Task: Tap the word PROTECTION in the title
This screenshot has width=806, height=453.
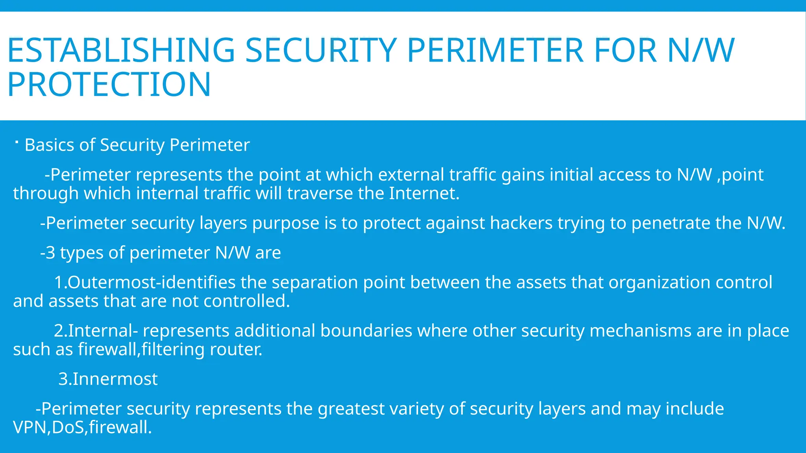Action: (109, 85)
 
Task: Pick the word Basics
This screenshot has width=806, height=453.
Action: (50, 145)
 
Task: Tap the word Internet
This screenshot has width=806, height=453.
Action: (424, 193)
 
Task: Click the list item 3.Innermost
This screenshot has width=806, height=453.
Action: (108, 379)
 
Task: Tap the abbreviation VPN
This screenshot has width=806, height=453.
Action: (31, 427)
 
